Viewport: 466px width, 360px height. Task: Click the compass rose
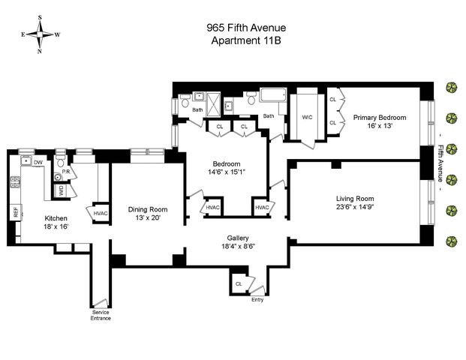click(x=40, y=34)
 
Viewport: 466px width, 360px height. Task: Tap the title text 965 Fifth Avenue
click(x=246, y=28)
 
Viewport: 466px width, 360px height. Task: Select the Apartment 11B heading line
click(x=246, y=40)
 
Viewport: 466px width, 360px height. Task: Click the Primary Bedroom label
click(x=380, y=118)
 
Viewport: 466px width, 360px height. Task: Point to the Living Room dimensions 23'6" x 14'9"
click(x=355, y=207)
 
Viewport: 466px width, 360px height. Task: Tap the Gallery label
click(x=238, y=238)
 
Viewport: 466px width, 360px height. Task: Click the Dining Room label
click(x=148, y=209)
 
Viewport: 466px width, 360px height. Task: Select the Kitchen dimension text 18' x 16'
click(x=56, y=226)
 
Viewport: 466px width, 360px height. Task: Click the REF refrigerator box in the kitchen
click(x=16, y=212)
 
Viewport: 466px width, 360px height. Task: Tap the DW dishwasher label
click(x=38, y=163)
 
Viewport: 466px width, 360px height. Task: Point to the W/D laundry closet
click(x=61, y=190)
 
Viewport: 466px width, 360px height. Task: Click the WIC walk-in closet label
click(x=307, y=117)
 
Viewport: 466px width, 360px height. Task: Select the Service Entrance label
click(x=101, y=315)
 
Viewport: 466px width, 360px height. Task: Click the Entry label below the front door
click(x=257, y=300)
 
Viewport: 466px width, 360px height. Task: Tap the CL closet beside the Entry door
click(x=239, y=284)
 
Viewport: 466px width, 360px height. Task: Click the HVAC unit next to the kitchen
click(x=100, y=214)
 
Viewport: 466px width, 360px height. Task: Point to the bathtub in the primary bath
click(x=273, y=95)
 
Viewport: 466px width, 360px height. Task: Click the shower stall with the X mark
click(x=214, y=104)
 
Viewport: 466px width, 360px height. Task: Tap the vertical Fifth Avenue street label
click(x=441, y=163)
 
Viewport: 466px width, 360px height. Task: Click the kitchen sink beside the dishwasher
click(x=26, y=160)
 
